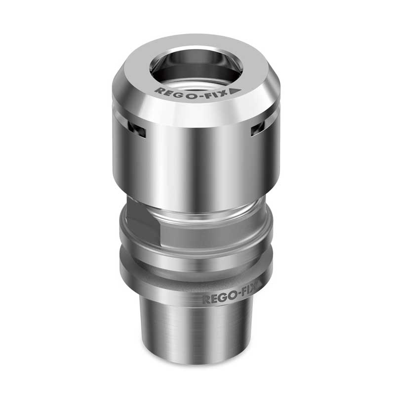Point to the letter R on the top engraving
[x=158, y=91]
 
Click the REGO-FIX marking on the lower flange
[x=229, y=299]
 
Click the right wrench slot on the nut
[x=257, y=129]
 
